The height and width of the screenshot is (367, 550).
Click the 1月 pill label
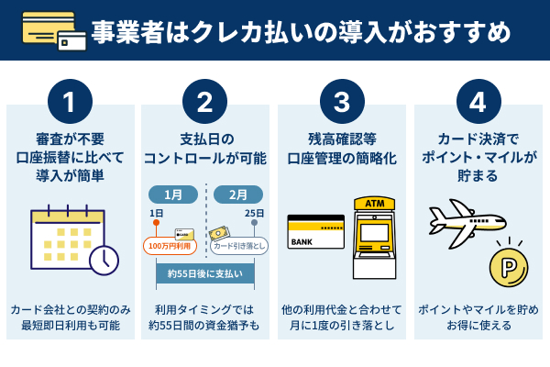[173, 195]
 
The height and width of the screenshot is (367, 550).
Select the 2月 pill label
[237, 195]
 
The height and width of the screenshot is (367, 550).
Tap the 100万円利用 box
[170, 246]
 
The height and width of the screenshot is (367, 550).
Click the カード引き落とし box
[239, 246]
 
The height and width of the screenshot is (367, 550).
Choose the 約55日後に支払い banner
[205, 273]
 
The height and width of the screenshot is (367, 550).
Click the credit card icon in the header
[53, 31]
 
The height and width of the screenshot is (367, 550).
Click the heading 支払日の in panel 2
[205, 139]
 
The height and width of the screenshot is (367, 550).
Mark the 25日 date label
[255, 214]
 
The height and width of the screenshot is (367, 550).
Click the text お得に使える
[478, 326]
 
